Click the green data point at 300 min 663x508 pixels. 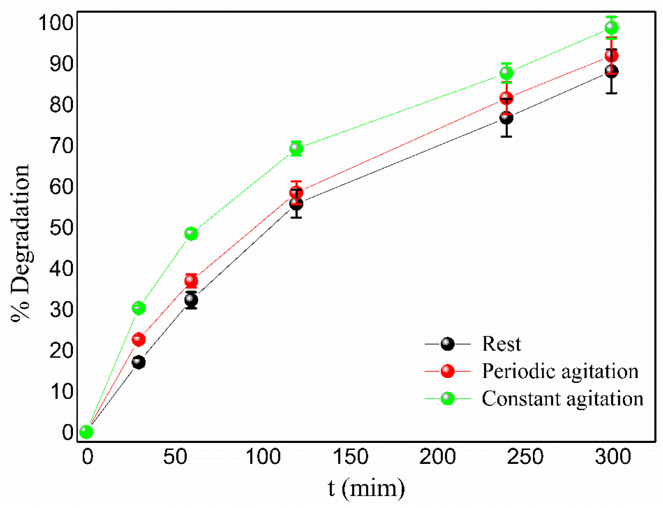pos(611,28)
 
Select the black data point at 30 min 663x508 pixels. pos(139,362)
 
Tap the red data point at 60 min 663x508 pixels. pos(191,281)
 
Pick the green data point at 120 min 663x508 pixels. pos(296,148)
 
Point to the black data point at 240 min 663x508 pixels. pos(506,118)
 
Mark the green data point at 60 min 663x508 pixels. pos(191,234)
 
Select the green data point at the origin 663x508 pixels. pos(86,432)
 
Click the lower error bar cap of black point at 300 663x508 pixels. pos(611,93)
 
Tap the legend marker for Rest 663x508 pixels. pos(447,344)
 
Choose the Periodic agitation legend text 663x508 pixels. pos(560,371)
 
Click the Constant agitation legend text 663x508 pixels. pos(562,399)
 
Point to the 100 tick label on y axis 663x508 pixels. pos(56,23)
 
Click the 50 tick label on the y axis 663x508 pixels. pos(62,228)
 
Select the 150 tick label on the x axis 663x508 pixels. pos(350,457)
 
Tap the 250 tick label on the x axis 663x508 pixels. pos(525,457)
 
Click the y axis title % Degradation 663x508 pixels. pos(21,243)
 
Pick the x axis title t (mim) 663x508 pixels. pos(366,488)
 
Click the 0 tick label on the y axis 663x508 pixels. pos(68,432)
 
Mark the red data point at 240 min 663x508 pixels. pos(506,98)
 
